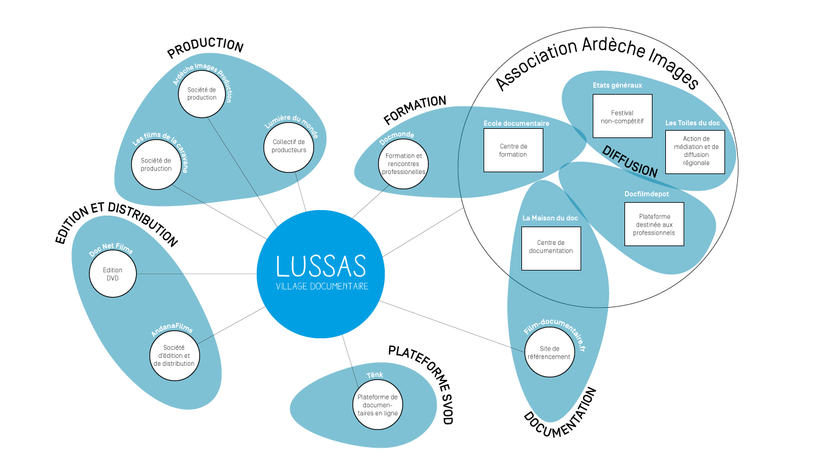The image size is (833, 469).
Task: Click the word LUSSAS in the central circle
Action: [x=321, y=266]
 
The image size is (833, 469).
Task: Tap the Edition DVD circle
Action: [x=113, y=274]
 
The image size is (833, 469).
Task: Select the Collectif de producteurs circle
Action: [x=288, y=146]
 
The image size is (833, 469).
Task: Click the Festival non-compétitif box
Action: [x=622, y=116]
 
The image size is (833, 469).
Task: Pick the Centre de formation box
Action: [x=513, y=150]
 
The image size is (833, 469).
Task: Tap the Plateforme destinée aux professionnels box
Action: [x=654, y=224]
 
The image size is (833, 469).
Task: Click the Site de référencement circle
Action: [x=549, y=352]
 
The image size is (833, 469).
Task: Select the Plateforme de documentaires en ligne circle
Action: [x=377, y=404]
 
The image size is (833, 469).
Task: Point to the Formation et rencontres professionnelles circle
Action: [x=403, y=164]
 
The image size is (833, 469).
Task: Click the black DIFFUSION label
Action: [x=630, y=162]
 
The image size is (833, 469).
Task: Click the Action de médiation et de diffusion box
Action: [x=695, y=151]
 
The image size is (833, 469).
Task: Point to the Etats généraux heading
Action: [x=617, y=85]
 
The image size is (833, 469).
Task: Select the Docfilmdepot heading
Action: [x=646, y=194]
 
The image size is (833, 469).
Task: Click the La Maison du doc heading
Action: [x=550, y=218]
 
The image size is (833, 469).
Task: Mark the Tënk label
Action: [x=374, y=374]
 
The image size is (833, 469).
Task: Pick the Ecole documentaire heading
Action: [x=516, y=123]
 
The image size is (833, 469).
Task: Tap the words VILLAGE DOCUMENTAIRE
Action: [x=322, y=286]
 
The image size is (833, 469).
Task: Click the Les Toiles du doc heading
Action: [x=692, y=123]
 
